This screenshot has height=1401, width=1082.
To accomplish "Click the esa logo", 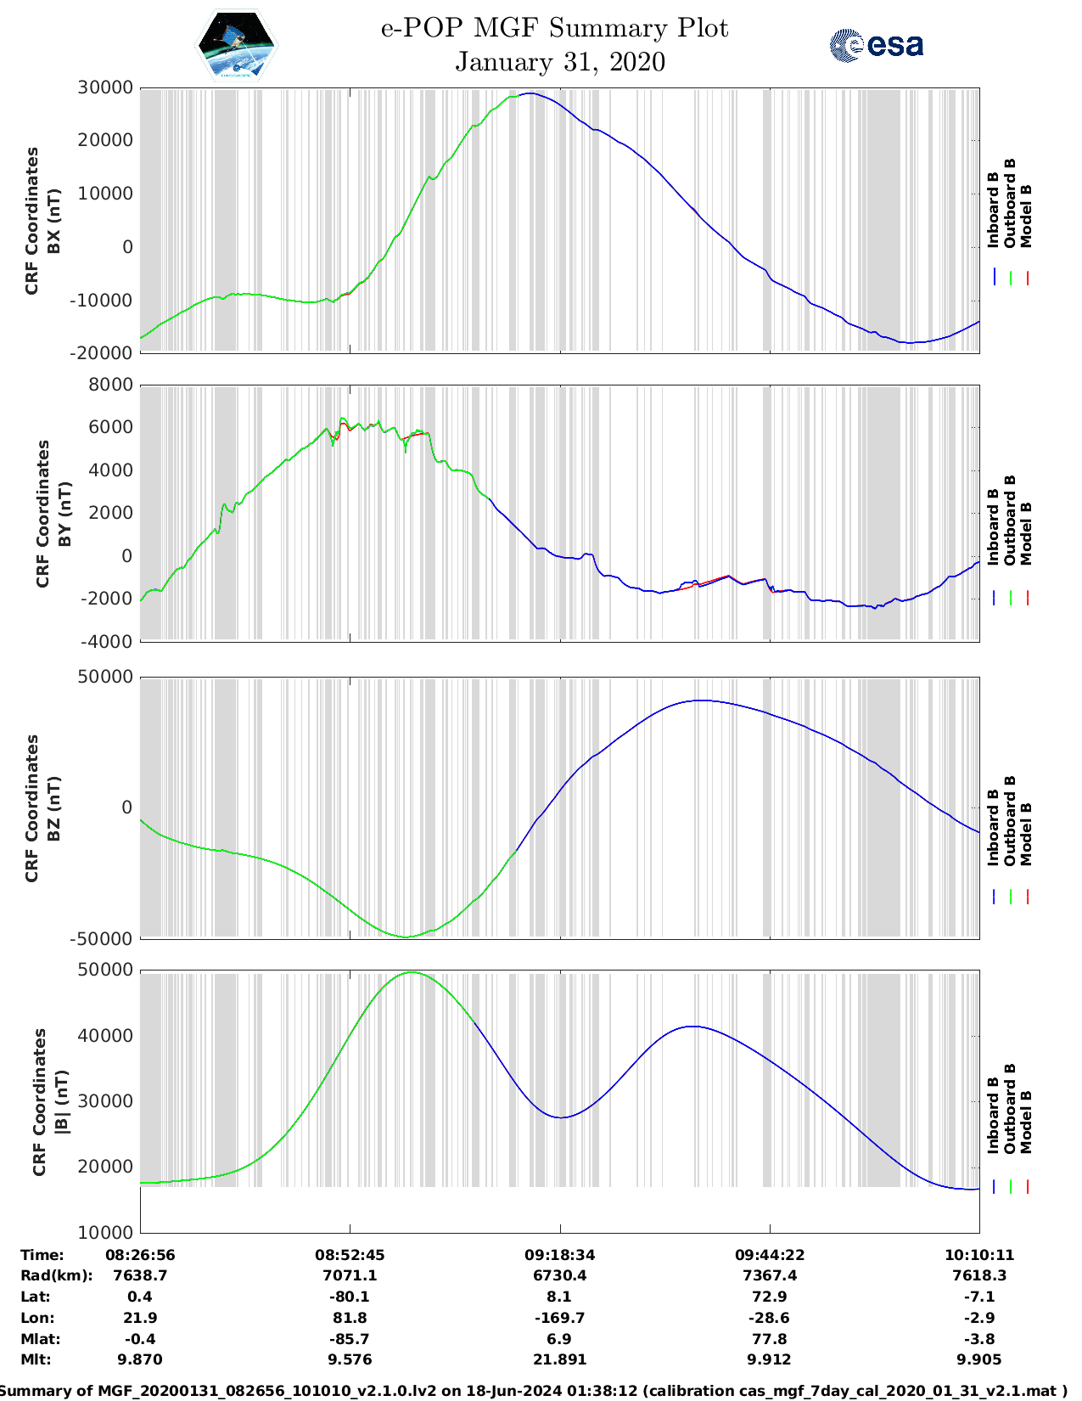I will pos(876,45).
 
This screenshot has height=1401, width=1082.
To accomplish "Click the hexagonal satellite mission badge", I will pos(236,45).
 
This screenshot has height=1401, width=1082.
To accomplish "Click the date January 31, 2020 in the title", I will pos(560,62).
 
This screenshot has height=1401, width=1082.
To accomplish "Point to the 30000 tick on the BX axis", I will pos(105,87).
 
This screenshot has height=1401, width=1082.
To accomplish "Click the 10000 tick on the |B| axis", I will pos(105,1232).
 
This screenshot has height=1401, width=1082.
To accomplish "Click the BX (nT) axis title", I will pos(53,221).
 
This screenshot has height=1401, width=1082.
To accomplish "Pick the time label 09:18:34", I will pos(559,1255).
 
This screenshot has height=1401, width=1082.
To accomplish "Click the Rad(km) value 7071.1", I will pos(350,1275).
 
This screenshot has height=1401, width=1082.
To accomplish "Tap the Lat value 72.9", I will pos(770,1297).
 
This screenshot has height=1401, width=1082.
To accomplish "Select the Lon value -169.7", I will pos(559,1318).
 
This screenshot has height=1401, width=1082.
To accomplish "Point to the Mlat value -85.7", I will pos(350,1339).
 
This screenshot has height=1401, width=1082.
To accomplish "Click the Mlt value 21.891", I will pos(559,1359).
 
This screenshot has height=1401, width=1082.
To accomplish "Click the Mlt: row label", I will pos(36,1359).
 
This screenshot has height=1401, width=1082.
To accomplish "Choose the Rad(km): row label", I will pos(57,1275).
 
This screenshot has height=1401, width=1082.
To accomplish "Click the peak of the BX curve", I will pos(530,93).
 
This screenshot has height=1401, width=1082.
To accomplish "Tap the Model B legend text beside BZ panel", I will pos(1026,834).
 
